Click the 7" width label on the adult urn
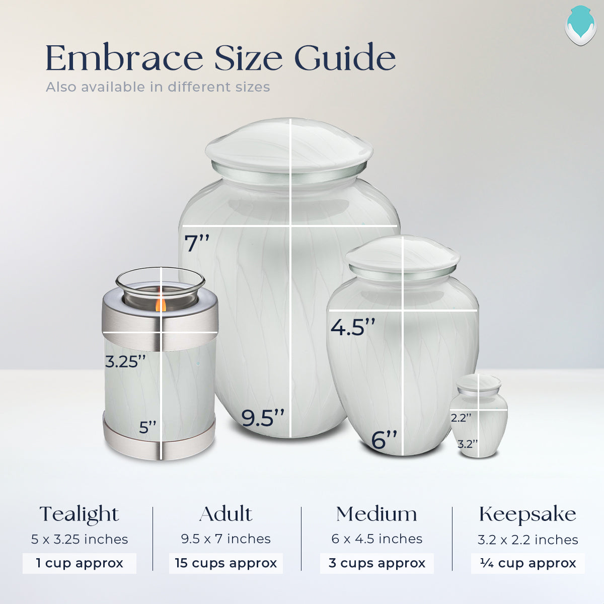(196, 243)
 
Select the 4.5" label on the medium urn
(353, 327)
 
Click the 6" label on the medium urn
(384, 439)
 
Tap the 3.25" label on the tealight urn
(125, 361)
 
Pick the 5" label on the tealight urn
(148, 427)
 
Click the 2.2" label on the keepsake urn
(461, 417)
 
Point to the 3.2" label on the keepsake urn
(468, 443)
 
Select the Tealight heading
(79, 514)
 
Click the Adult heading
(225, 514)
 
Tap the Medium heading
(376, 514)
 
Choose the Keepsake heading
(527, 514)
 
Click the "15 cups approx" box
(225, 563)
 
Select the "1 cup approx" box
(79, 563)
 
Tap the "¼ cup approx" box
(527, 563)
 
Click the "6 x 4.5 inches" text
(376, 539)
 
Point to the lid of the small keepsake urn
(479, 384)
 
